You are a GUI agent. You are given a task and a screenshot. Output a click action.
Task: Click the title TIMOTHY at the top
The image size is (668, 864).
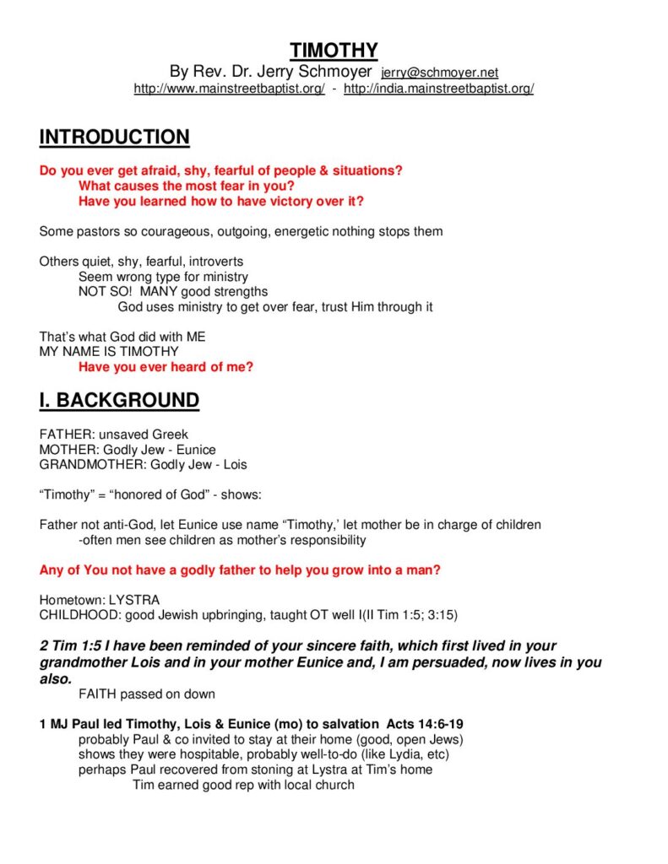click(334, 50)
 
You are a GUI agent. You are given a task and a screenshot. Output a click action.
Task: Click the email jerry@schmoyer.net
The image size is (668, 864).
click(440, 73)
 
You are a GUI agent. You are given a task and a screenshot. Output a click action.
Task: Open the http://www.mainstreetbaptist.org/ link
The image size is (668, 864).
click(229, 89)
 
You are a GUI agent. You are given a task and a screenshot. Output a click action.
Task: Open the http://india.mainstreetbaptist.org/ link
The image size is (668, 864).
click(438, 89)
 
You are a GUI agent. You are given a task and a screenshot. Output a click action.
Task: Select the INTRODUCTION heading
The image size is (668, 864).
click(114, 137)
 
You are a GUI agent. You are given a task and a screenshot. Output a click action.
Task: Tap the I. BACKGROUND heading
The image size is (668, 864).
click(119, 400)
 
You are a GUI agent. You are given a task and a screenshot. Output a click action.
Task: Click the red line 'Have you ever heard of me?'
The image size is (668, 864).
click(166, 367)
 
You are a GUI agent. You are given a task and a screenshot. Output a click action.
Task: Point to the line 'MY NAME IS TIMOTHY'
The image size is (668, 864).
click(109, 351)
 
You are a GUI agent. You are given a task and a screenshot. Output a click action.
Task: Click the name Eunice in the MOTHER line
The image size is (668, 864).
click(196, 450)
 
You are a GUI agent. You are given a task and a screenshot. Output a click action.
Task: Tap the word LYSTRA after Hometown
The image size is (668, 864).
click(135, 600)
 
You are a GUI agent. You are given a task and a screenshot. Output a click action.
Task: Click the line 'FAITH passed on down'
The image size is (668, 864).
click(147, 694)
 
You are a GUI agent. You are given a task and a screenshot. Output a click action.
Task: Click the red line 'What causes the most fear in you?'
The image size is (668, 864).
click(186, 186)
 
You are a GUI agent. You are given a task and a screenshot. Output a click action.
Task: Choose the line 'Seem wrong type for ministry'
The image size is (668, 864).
click(163, 277)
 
